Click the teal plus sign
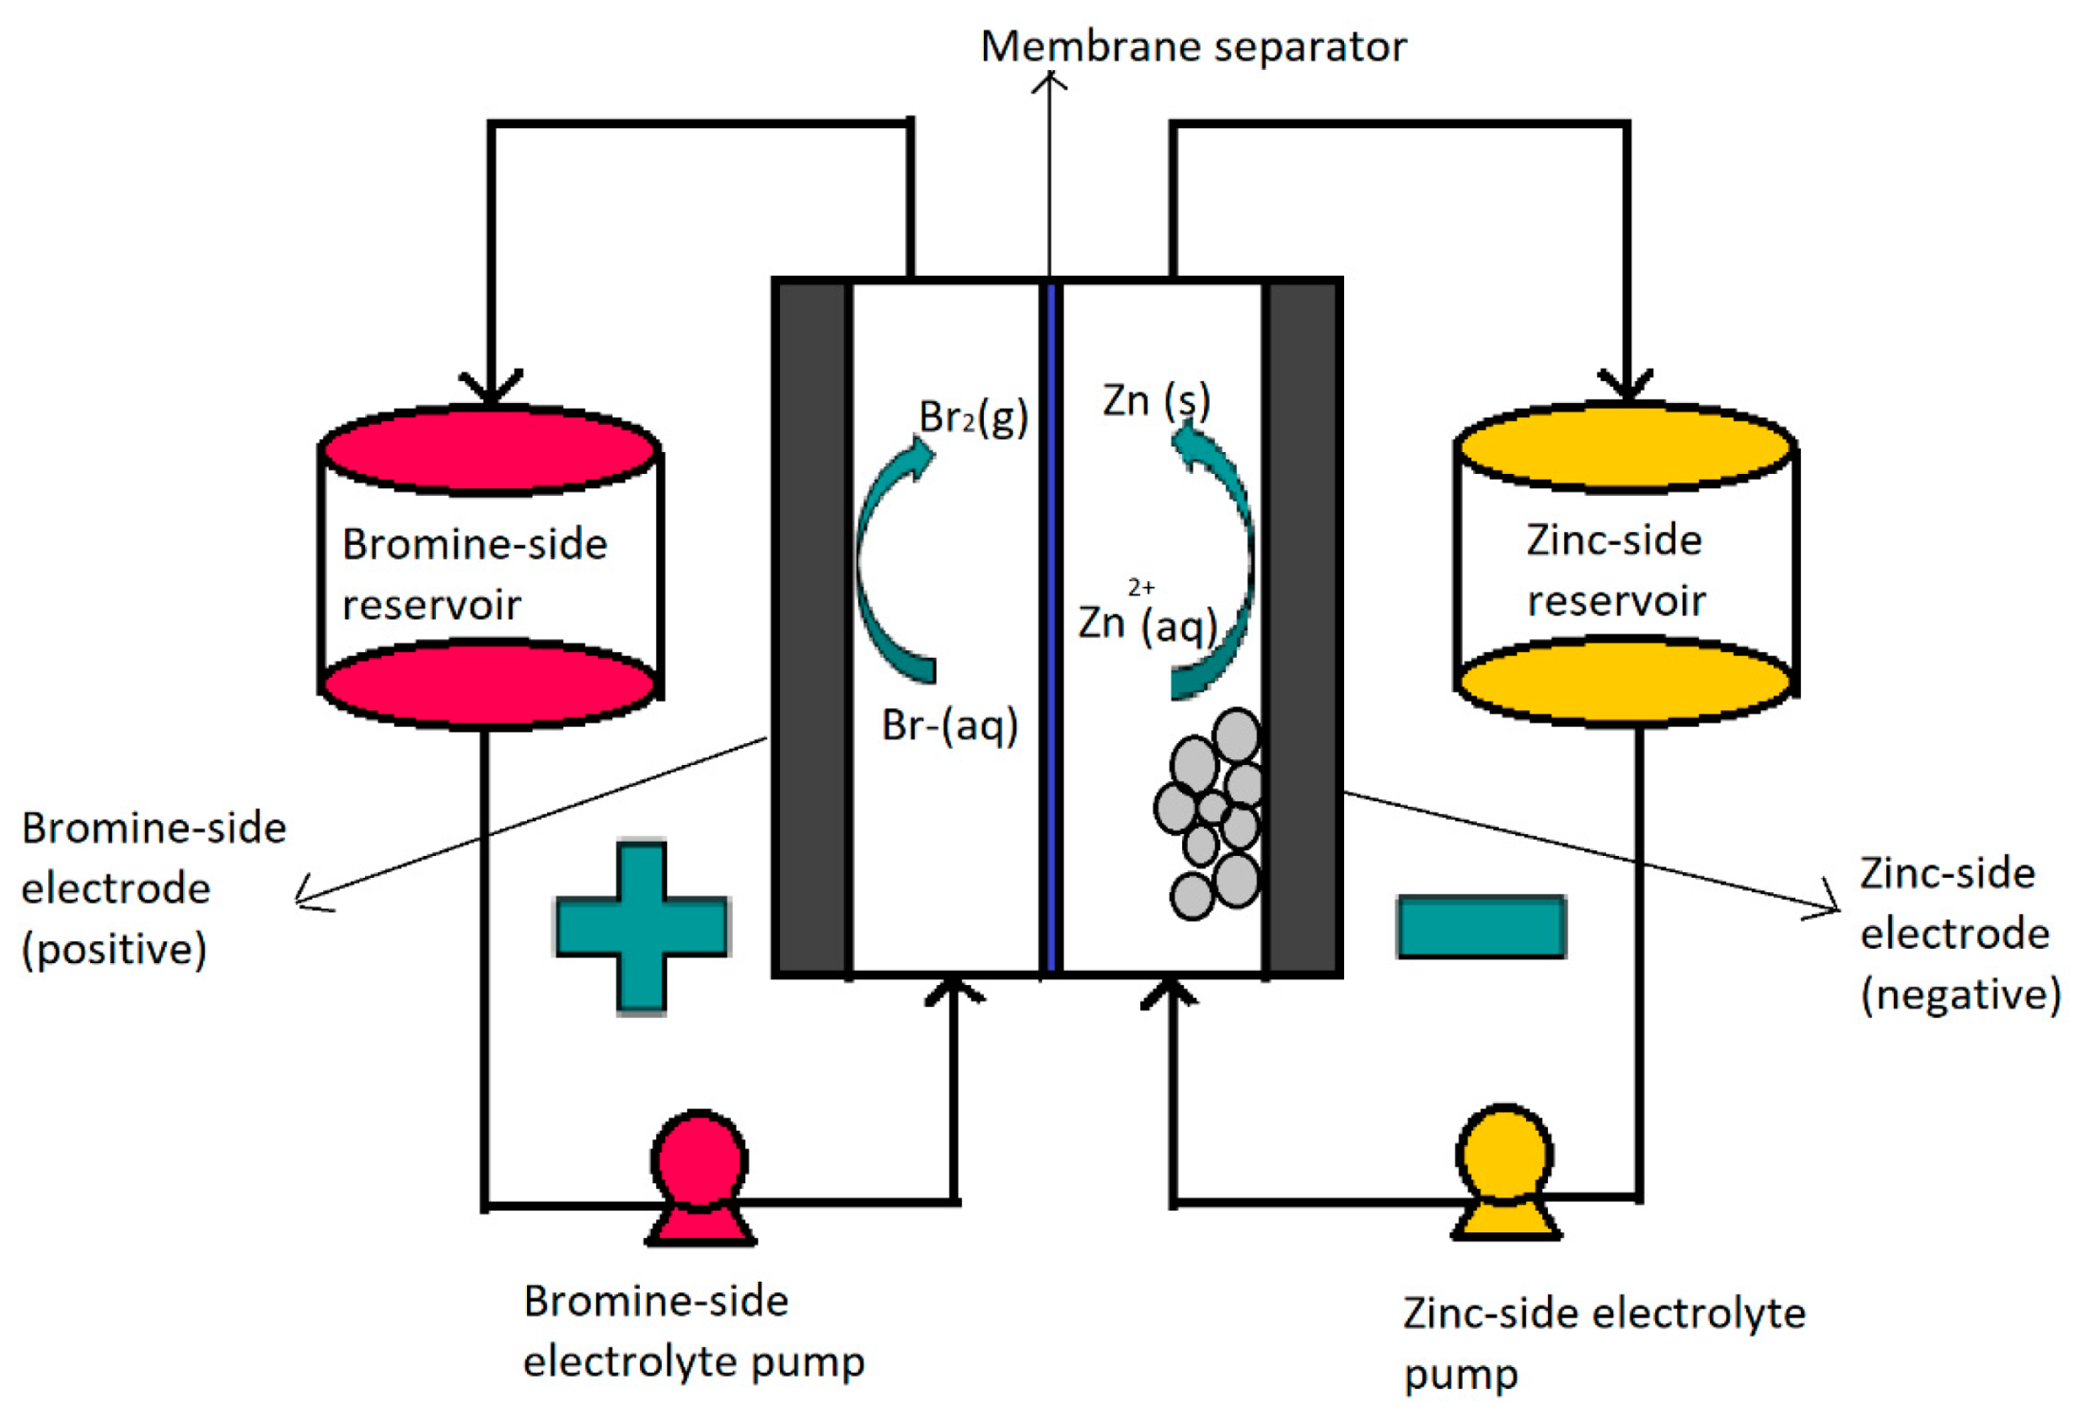click(x=642, y=926)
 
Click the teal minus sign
click(x=1481, y=926)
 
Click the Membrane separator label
click(x=1192, y=46)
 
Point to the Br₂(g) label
click(x=973, y=417)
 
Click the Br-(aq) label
click(x=950, y=726)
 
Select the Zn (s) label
click(x=1156, y=401)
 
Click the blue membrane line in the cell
click(x=1050, y=626)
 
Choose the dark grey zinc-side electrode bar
click(x=1302, y=626)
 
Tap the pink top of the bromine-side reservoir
click(x=489, y=450)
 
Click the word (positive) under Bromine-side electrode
click(x=114, y=949)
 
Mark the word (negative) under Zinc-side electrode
click(x=1960, y=994)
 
